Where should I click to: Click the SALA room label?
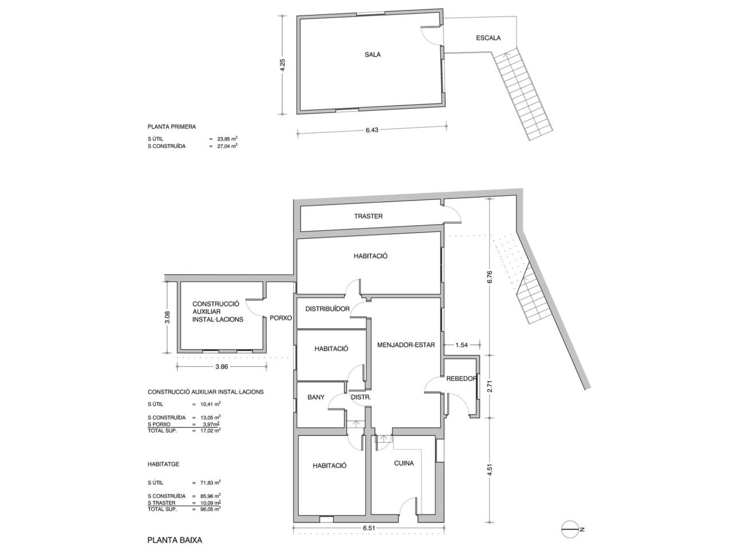372,54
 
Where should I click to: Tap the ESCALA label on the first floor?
488,38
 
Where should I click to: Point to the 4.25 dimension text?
282,65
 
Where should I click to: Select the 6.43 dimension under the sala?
372,130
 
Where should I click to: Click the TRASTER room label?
368,217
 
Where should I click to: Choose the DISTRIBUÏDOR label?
327,309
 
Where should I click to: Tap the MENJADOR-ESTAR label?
406,345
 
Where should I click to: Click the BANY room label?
316,397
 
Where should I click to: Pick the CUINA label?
404,463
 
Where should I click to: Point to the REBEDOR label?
461,379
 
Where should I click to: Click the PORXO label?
281,318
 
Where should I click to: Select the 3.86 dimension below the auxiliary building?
222,367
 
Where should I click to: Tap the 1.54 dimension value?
462,345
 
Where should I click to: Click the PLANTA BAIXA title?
175,540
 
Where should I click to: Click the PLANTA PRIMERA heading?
172,127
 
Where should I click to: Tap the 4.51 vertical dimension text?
490,469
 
